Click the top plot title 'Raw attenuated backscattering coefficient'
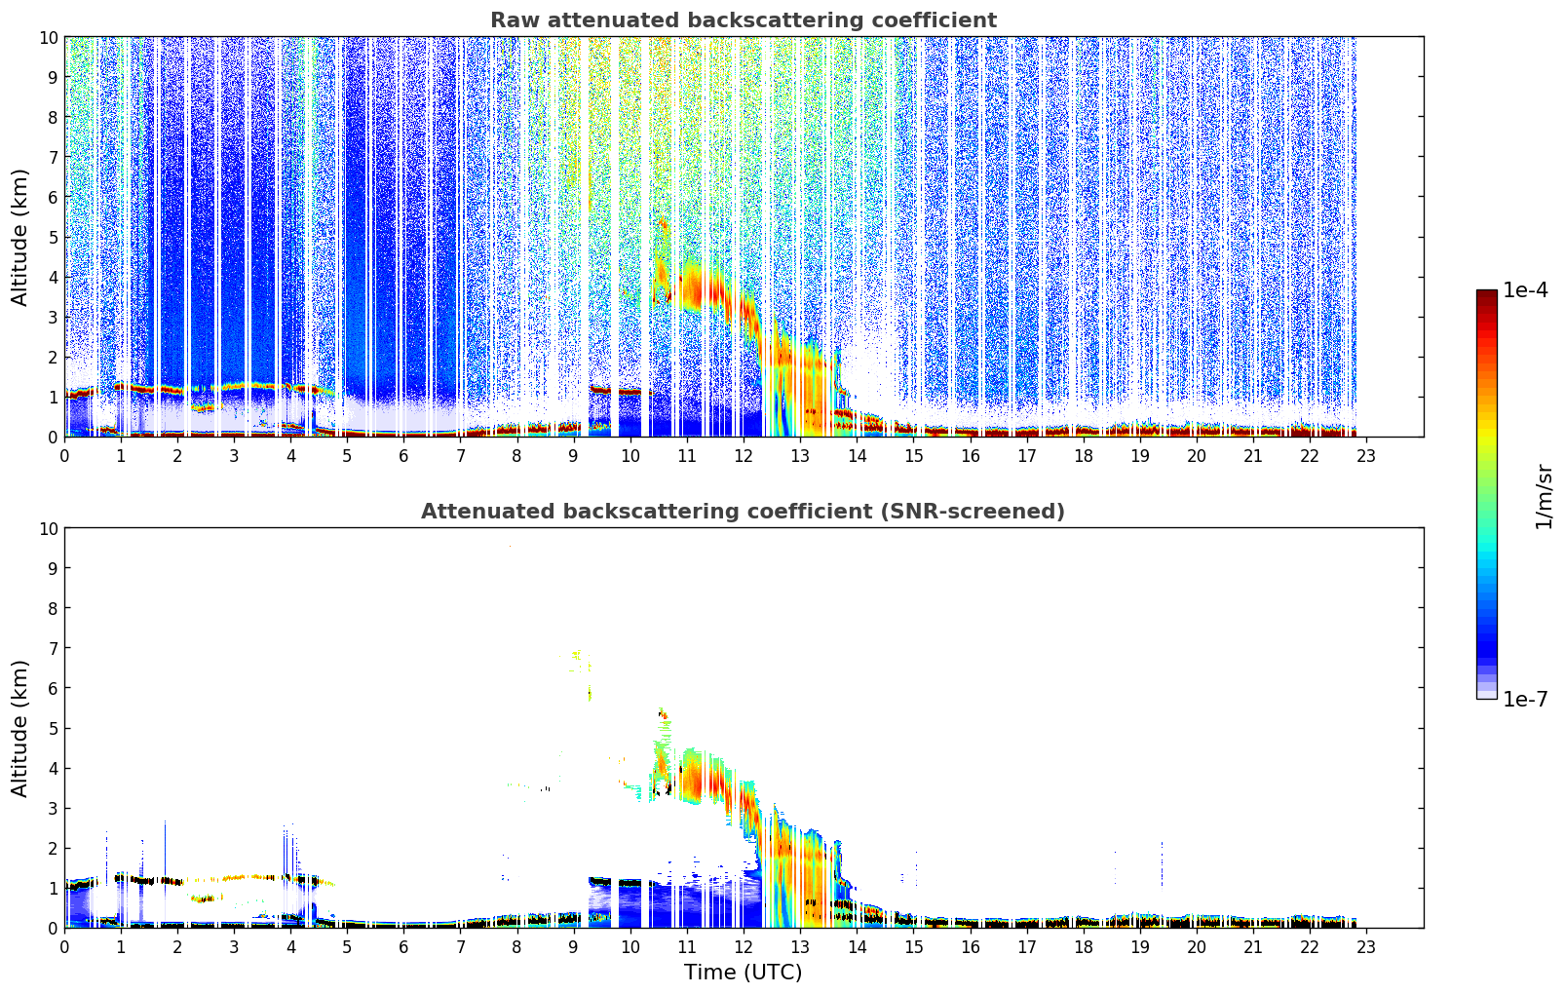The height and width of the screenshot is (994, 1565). [743, 20]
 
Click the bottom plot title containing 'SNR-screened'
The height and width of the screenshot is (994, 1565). [743, 512]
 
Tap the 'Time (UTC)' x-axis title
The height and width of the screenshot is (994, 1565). [743, 973]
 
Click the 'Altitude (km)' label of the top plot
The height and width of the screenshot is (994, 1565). [20, 237]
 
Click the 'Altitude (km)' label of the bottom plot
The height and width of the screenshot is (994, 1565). [20, 728]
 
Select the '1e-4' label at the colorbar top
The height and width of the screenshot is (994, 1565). [1525, 290]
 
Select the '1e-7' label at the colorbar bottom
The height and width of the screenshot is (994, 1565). [1525, 700]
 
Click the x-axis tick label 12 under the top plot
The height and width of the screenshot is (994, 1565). [744, 456]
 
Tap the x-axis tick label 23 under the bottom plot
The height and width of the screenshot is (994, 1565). [1366, 947]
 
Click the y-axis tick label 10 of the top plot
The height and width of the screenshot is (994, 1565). [48, 37]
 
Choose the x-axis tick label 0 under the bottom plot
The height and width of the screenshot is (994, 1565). [65, 947]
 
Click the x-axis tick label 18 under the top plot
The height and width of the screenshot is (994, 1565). [1084, 456]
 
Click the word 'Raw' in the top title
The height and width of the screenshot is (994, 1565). [511, 20]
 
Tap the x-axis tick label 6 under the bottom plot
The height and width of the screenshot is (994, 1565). [404, 947]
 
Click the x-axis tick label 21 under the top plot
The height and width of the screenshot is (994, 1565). [1253, 456]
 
